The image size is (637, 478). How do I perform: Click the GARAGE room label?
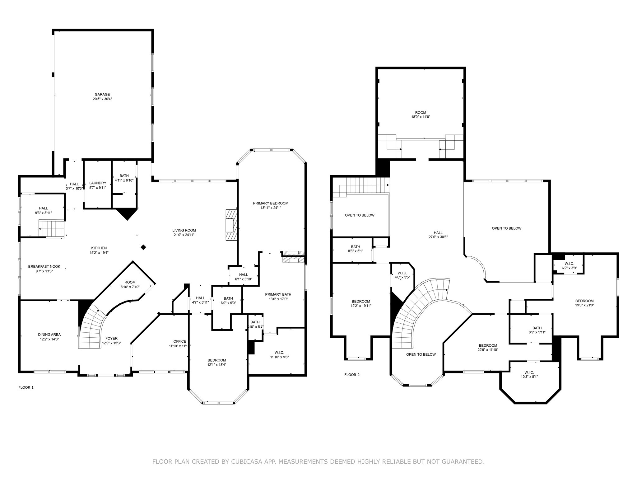(x=102, y=95)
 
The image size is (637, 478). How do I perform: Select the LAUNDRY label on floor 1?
(x=98, y=183)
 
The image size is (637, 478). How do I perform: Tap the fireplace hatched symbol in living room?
(x=231, y=225)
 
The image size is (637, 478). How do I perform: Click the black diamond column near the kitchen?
(x=143, y=247)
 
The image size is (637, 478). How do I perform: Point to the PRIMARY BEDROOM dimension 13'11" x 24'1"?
(x=271, y=208)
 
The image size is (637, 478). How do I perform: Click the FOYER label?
(x=111, y=338)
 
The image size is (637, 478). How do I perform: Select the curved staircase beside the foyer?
(x=92, y=327)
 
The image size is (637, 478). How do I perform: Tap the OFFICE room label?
(x=180, y=341)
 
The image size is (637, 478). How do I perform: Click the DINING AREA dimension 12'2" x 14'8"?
(x=49, y=339)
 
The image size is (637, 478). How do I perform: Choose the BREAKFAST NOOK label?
(x=44, y=267)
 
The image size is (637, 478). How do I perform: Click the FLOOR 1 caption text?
(x=26, y=387)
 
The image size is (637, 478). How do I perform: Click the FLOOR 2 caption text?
(x=352, y=375)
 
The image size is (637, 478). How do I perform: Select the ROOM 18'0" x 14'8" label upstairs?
(x=421, y=113)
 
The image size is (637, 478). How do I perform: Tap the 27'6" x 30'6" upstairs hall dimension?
(x=438, y=237)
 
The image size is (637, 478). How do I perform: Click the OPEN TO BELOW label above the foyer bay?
(x=421, y=354)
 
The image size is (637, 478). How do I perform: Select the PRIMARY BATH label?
(x=278, y=294)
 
